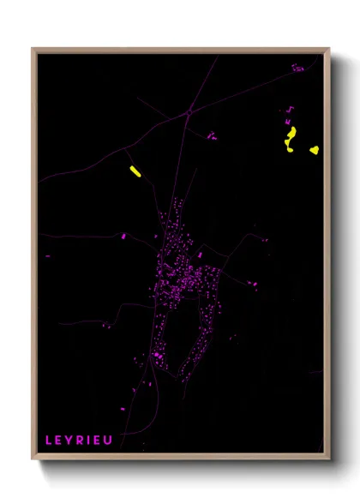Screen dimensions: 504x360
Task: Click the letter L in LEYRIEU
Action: [49, 441]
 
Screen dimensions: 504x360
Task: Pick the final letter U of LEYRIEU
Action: [109, 441]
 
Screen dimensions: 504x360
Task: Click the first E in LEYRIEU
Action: [59, 441]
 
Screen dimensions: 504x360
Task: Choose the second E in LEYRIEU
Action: [98, 441]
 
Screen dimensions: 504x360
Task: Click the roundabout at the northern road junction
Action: [189, 111]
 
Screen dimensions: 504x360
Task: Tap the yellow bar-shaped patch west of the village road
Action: [135, 171]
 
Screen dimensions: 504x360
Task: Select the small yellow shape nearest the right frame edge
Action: [315, 150]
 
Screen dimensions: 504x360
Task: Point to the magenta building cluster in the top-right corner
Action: [297, 67]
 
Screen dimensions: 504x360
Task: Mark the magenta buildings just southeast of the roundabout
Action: [212, 135]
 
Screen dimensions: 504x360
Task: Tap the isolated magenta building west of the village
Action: [123, 236]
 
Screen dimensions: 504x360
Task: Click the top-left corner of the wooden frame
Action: [33, 49]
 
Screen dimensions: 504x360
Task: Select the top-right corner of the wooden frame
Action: [329, 49]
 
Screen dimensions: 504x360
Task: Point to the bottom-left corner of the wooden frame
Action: [33, 459]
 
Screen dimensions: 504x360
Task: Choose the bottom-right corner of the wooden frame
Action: [329, 459]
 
